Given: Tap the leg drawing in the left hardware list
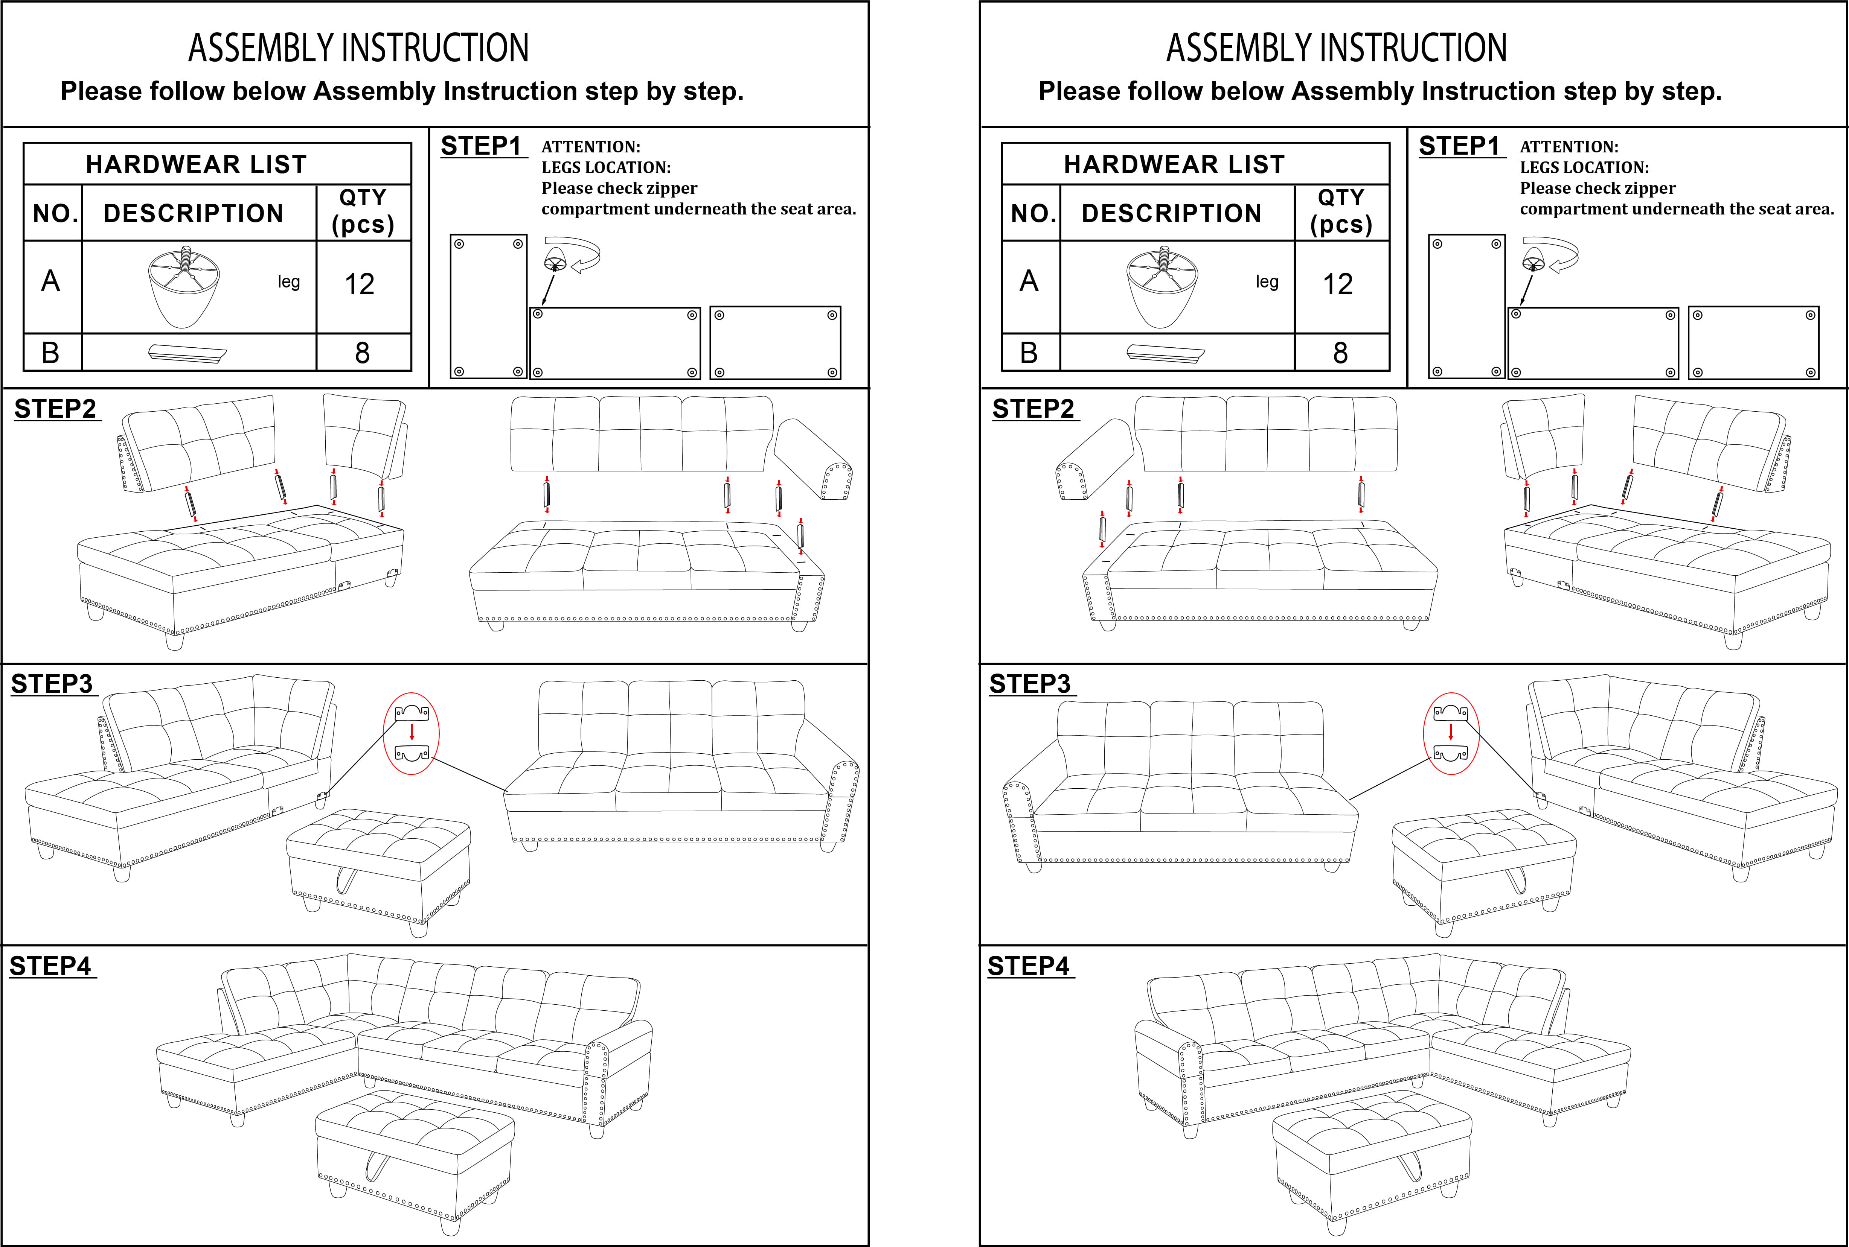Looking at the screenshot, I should coord(184,286).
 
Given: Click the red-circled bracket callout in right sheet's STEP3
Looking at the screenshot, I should coord(1450,733).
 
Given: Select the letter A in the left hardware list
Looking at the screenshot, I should coord(50,281).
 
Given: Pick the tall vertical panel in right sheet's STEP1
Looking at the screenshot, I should coord(1466,306).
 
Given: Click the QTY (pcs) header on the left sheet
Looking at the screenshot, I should coord(363,211).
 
